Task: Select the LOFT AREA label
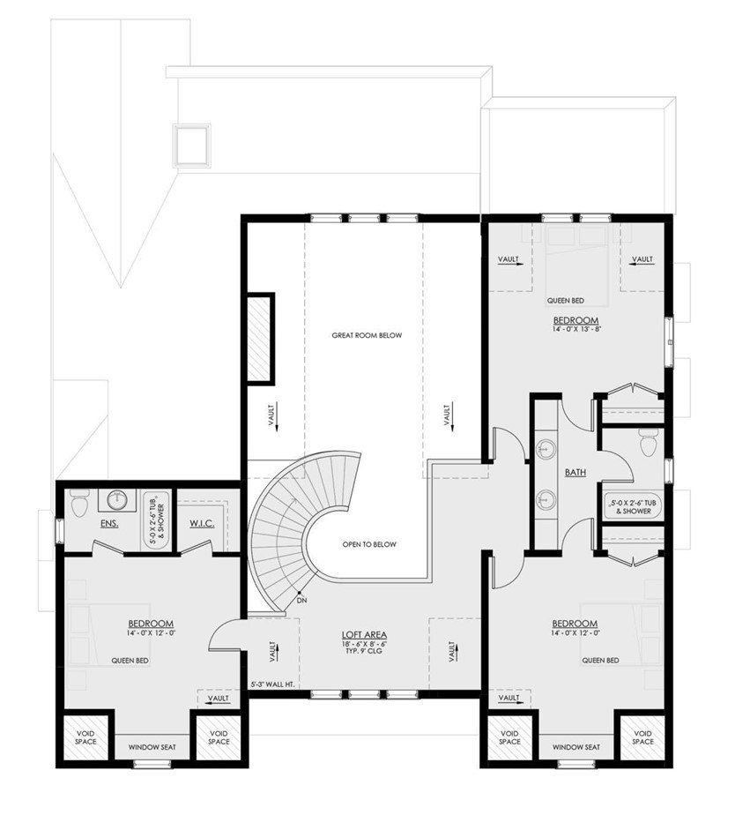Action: click(364, 635)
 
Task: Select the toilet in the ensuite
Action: click(79, 502)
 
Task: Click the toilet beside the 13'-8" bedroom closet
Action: click(650, 442)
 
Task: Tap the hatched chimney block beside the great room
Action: click(259, 338)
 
